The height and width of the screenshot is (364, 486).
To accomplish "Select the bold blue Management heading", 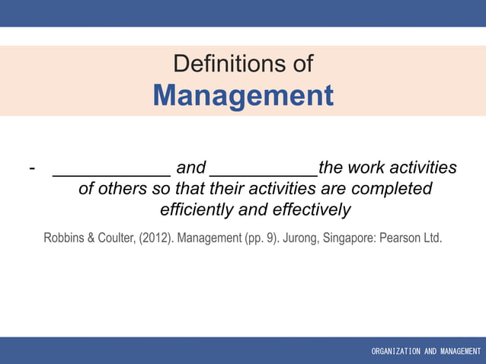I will click(243, 96).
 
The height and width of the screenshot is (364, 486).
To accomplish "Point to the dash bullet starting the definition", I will click(31, 168).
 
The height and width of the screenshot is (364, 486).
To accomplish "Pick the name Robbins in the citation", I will click(66, 238).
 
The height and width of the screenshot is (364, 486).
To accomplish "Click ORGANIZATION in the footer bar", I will click(395, 351).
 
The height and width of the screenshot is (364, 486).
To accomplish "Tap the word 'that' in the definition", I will click(191, 188).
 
